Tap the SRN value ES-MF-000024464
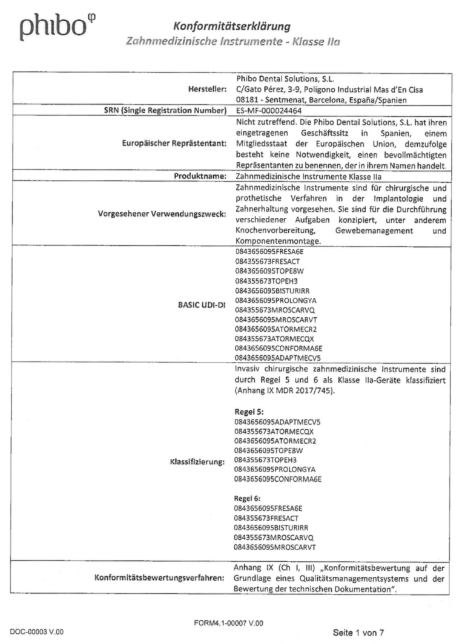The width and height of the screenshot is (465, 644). click(x=268, y=110)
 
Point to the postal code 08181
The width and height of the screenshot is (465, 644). click(x=245, y=99)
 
